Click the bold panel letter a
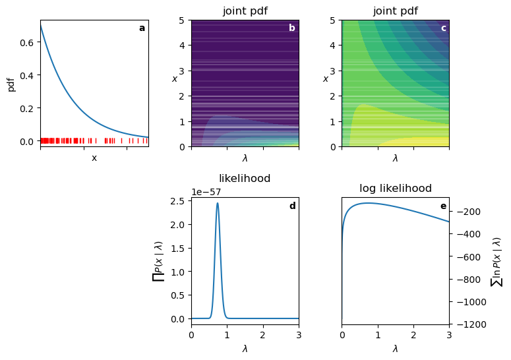[142, 28]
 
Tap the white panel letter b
[292, 28]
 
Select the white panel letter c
[443, 28]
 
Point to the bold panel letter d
[292, 206]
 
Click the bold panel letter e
[443, 206]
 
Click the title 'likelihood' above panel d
[245, 179]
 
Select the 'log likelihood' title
[396, 189]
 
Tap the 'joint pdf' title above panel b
[245, 11]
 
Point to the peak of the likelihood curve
[218, 203]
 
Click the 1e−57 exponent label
[206, 193]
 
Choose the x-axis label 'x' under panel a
[94, 158]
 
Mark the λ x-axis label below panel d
[245, 349]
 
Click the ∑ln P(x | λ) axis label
[497, 261]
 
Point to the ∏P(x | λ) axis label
[158, 261]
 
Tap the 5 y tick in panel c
[334, 20]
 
